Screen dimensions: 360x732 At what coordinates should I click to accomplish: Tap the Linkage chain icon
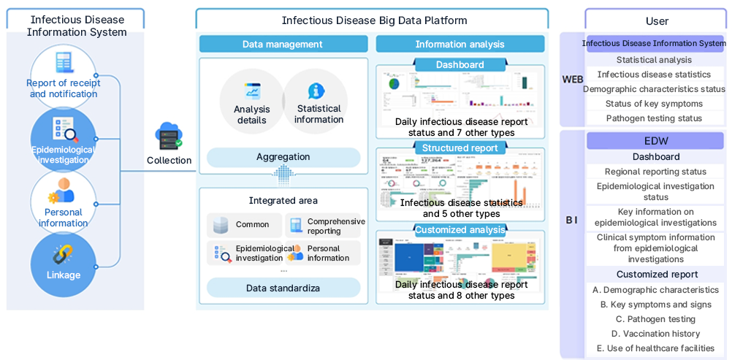coord(63,256)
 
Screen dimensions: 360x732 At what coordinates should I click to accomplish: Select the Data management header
coord(282,44)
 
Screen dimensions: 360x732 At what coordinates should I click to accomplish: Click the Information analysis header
coord(460,44)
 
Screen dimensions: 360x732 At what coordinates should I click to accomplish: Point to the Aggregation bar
coord(283,157)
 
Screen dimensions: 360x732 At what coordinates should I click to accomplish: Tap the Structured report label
coord(460,148)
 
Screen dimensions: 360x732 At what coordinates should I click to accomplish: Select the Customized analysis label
coord(460,230)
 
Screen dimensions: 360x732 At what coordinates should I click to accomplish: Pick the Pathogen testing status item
coord(654,118)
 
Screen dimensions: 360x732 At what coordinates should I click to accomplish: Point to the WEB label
coord(572,79)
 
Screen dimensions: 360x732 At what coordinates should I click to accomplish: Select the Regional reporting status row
coord(655,172)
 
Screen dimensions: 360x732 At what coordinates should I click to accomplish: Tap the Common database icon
coord(221,225)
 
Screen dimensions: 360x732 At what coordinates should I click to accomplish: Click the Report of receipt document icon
coord(64,63)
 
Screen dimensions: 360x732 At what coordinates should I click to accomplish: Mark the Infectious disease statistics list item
coord(654,74)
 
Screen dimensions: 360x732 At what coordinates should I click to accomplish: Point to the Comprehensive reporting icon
coord(296,225)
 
